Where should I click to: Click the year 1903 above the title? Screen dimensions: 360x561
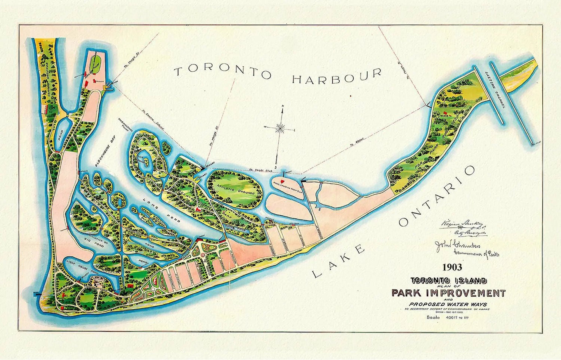pos(452,267)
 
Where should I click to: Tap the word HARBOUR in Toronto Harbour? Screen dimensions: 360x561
pos(337,76)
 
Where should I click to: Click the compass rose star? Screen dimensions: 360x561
pos(281,128)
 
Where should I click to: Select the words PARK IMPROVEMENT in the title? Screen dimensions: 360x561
pos(448,293)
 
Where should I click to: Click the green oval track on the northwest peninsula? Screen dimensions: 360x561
pos(95,61)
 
